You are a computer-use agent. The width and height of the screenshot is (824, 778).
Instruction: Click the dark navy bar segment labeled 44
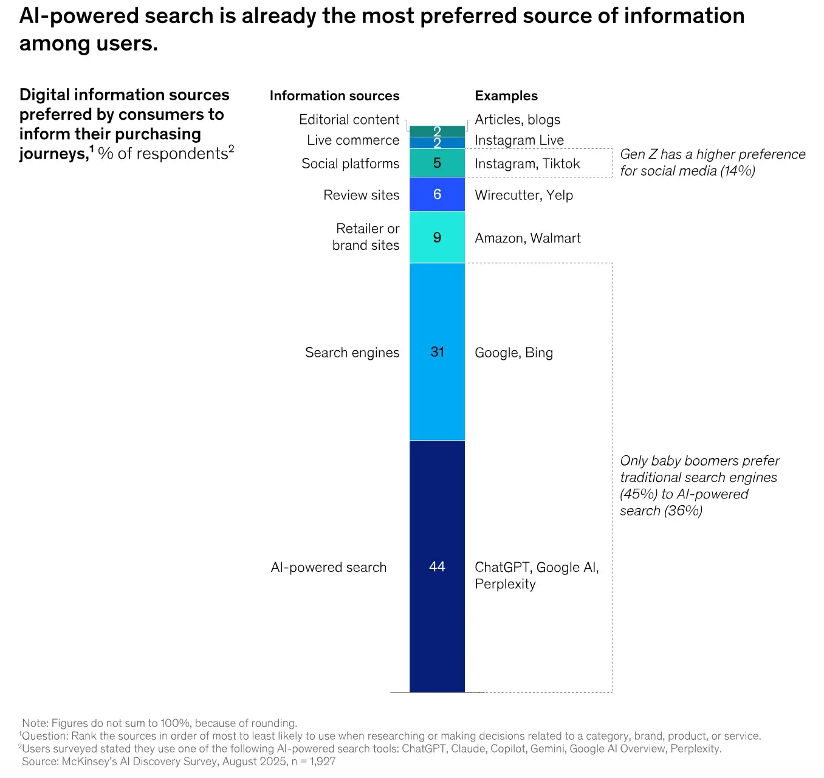pyautogui.click(x=437, y=566)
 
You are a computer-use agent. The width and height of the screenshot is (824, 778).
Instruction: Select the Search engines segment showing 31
pyautogui.click(x=437, y=352)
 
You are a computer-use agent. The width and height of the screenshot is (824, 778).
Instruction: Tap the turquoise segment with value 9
pyautogui.click(x=437, y=237)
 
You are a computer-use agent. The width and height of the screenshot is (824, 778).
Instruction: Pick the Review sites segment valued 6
pyautogui.click(x=437, y=194)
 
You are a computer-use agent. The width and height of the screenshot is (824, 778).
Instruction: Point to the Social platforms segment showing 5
pyautogui.click(x=437, y=163)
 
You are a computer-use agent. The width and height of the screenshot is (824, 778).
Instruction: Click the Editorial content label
pyautogui.click(x=349, y=120)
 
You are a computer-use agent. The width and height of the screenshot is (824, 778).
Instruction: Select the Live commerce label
pyautogui.click(x=353, y=140)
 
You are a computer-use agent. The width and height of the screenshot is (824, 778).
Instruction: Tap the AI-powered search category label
pyautogui.click(x=329, y=567)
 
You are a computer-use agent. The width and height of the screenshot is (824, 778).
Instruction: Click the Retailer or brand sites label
pyautogui.click(x=366, y=236)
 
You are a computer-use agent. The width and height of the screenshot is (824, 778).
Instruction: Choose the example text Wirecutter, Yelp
pyautogui.click(x=524, y=195)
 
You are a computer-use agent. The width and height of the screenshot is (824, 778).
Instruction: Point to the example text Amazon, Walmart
pyautogui.click(x=527, y=238)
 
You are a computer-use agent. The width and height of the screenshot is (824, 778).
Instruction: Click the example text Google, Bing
pyautogui.click(x=513, y=353)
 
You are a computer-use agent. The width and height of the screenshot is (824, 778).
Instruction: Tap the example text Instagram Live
pyautogui.click(x=519, y=140)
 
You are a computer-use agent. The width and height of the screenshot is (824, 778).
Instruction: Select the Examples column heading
pyautogui.click(x=506, y=96)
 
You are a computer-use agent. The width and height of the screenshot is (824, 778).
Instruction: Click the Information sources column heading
pyautogui.click(x=334, y=95)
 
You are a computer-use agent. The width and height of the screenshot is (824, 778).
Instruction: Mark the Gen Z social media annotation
pyautogui.click(x=712, y=162)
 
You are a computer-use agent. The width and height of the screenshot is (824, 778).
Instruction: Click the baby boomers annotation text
pyautogui.click(x=699, y=486)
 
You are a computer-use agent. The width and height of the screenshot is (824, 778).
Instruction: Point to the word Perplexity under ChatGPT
pyautogui.click(x=505, y=584)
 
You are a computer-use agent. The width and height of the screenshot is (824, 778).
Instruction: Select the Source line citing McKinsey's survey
pyautogui.click(x=179, y=762)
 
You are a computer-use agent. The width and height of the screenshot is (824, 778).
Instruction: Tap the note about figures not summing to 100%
pyautogui.click(x=159, y=723)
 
